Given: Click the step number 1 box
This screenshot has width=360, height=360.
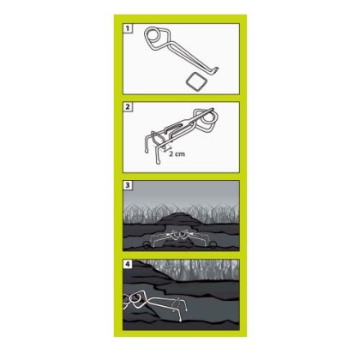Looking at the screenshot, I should tap(127, 28).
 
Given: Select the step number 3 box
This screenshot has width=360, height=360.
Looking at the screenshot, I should tap(127, 185).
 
